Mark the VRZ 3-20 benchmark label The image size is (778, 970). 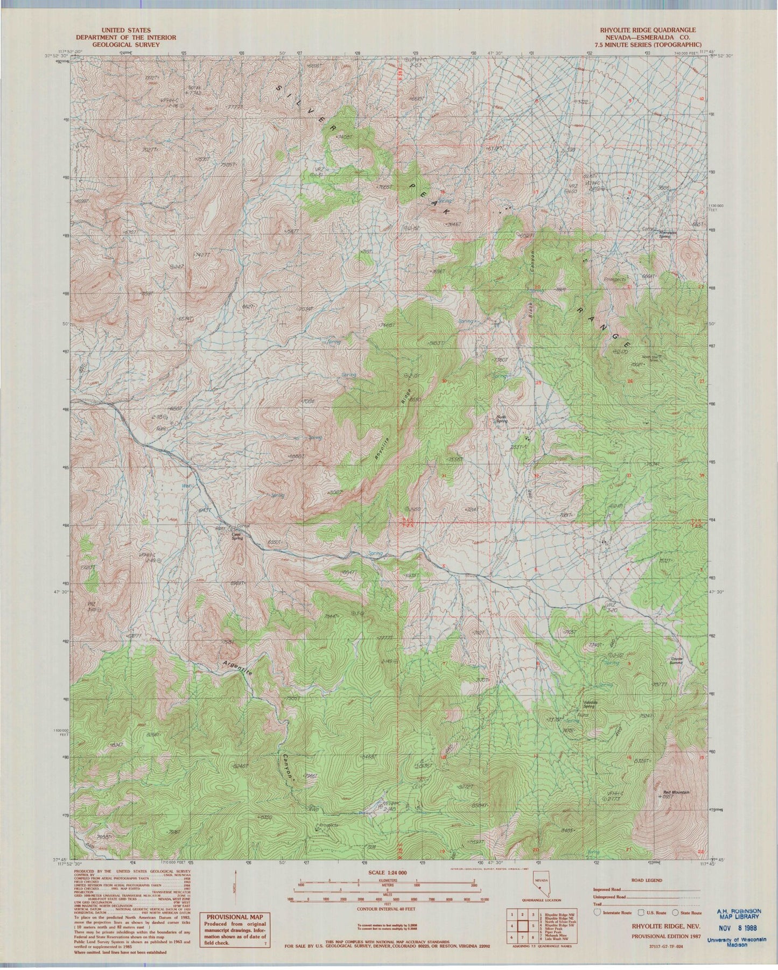[x=610, y=607]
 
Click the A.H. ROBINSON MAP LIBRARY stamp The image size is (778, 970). [x=738, y=913]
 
